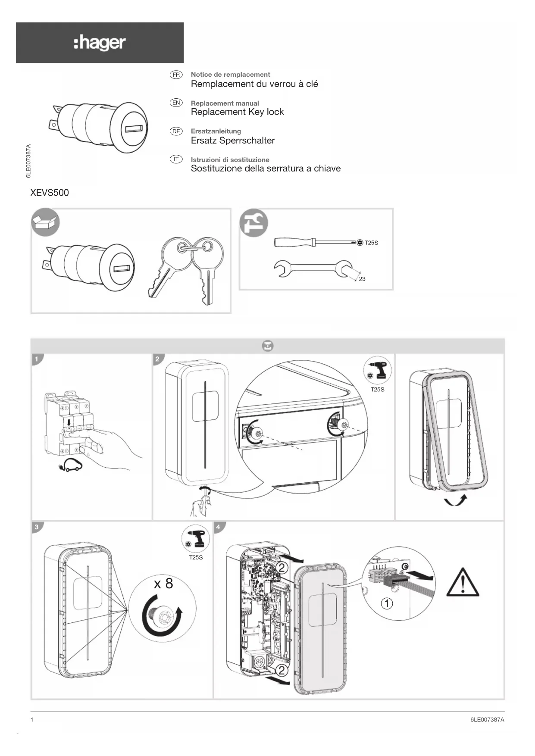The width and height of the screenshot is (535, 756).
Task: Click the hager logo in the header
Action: point(100,43)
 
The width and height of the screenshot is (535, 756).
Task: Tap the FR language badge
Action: point(176,75)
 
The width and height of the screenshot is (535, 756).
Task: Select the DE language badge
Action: point(176,131)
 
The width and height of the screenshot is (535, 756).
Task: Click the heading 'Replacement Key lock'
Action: point(237,112)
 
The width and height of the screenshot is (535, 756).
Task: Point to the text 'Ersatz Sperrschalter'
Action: point(233,141)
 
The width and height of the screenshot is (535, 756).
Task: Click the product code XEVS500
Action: point(50,193)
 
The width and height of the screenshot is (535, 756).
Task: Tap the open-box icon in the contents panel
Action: point(45,222)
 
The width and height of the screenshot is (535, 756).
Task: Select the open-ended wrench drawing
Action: point(313,269)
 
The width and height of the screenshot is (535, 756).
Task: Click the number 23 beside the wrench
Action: point(362,279)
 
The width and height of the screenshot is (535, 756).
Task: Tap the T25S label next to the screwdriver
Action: point(371,243)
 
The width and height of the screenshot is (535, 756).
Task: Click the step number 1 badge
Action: point(37,359)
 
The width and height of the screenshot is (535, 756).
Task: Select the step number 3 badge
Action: point(37,527)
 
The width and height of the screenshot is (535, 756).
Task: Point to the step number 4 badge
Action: point(218,527)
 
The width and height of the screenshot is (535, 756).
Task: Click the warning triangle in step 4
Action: point(463,583)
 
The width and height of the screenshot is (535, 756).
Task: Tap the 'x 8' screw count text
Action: point(163,584)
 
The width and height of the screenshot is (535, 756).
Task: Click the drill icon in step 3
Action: point(196,539)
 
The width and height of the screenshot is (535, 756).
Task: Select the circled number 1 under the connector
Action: point(387,603)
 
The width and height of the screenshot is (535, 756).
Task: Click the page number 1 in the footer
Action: point(32,719)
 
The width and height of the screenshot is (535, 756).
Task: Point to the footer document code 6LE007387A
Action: point(487,719)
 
